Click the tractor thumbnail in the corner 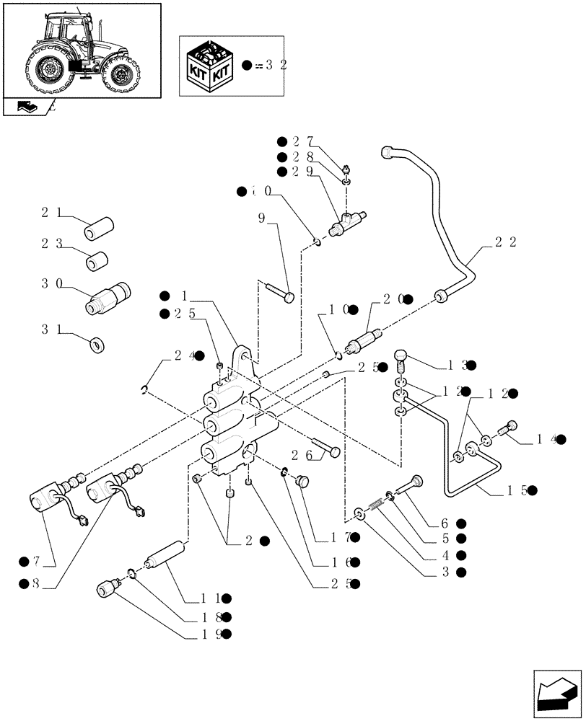point(81,50)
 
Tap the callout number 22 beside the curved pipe point(505,243)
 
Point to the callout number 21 point(51,213)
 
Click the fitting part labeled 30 point(109,298)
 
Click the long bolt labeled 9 point(280,291)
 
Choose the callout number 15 point(519,490)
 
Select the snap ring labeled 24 point(146,391)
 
